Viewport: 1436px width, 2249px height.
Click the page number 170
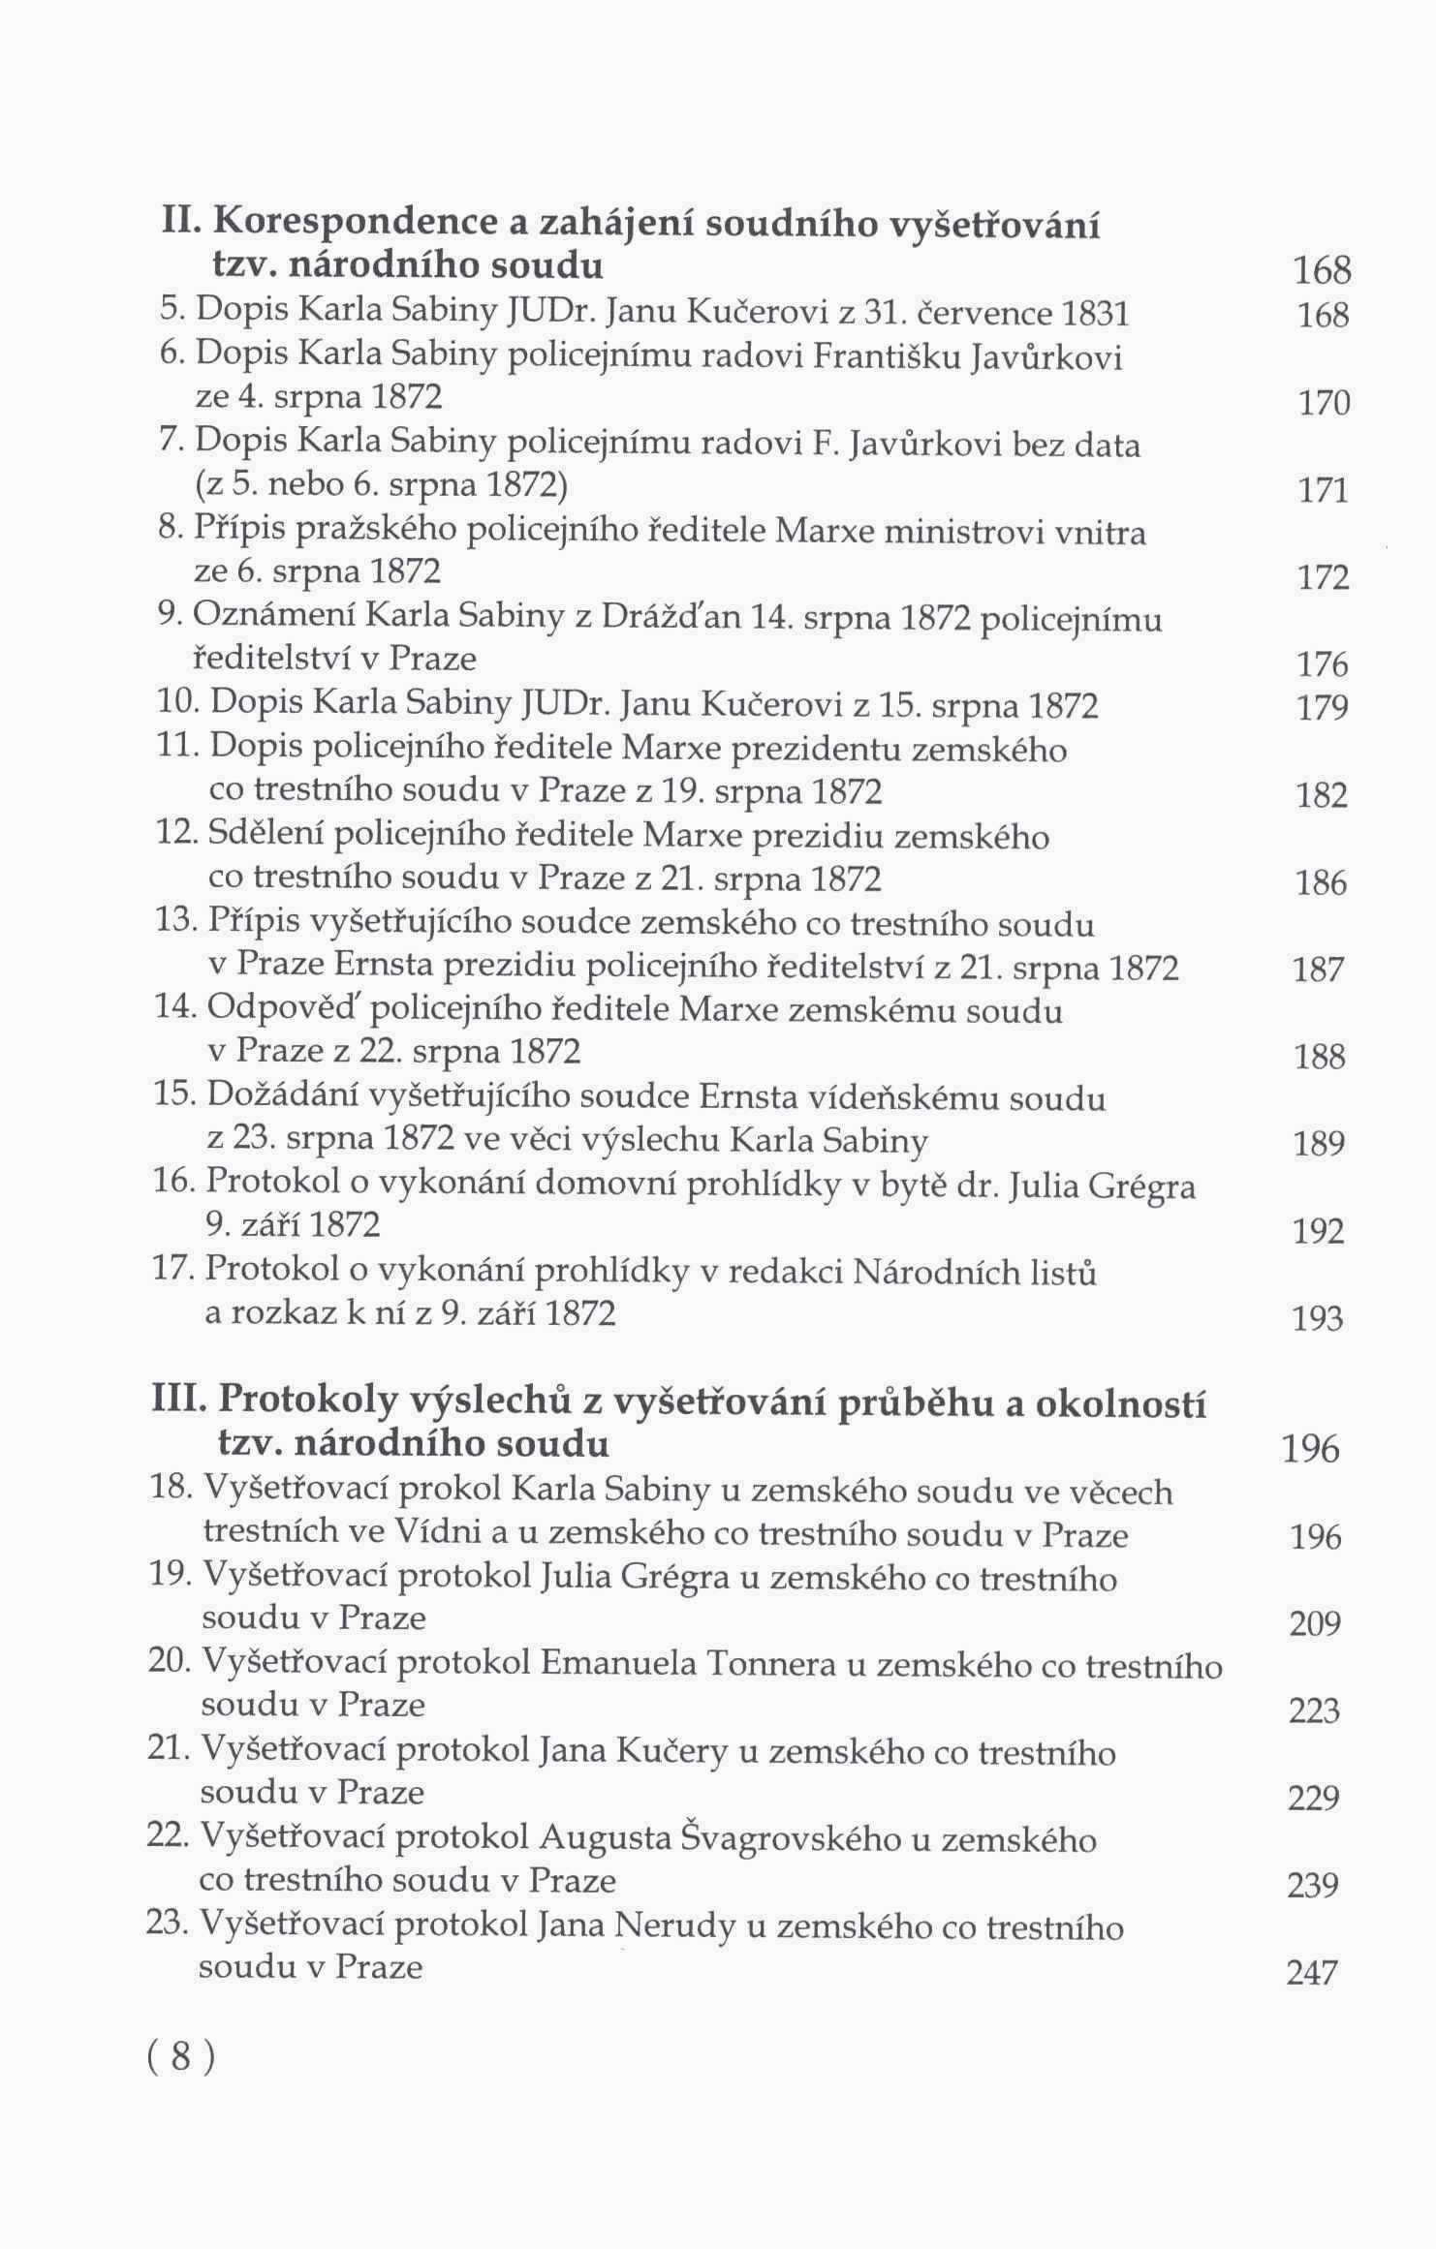[x=1324, y=403]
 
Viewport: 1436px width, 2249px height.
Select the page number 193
[x=1318, y=1318]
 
